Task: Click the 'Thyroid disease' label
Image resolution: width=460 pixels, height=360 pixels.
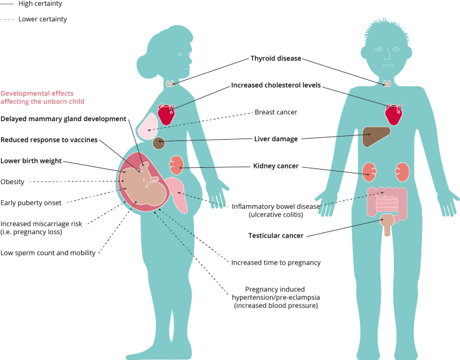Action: pyautogui.click(x=276, y=59)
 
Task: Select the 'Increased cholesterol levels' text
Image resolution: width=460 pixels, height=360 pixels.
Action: pyautogui.click(x=276, y=85)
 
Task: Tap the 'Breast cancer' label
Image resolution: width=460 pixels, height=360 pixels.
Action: pyautogui.click(x=276, y=112)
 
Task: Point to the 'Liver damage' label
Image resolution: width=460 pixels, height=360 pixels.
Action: pyautogui.click(x=276, y=139)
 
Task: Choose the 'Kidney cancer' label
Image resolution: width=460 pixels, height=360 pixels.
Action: pyautogui.click(x=276, y=166)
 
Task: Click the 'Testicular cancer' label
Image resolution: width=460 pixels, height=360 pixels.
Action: pyautogui.click(x=276, y=235)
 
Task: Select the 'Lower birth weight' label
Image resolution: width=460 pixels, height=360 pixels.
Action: pyautogui.click(x=31, y=161)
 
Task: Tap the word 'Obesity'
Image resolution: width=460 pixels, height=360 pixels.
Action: pyautogui.click(x=12, y=182)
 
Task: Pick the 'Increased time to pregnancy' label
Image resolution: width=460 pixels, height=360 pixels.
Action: pyautogui.click(x=276, y=263)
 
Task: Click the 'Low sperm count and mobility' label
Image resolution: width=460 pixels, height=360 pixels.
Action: pyautogui.click(x=48, y=253)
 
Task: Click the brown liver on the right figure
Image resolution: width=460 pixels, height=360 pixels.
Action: pyautogui.click(x=376, y=136)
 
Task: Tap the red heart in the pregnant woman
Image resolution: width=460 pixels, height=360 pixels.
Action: pyautogui.click(x=166, y=114)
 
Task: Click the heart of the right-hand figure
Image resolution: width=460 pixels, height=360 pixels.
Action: pyautogui.click(x=393, y=114)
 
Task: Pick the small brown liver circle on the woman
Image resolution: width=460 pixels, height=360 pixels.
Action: pyautogui.click(x=158, y=143)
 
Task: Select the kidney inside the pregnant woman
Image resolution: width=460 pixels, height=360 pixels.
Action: pyautogui.click(x=176, y=165)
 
